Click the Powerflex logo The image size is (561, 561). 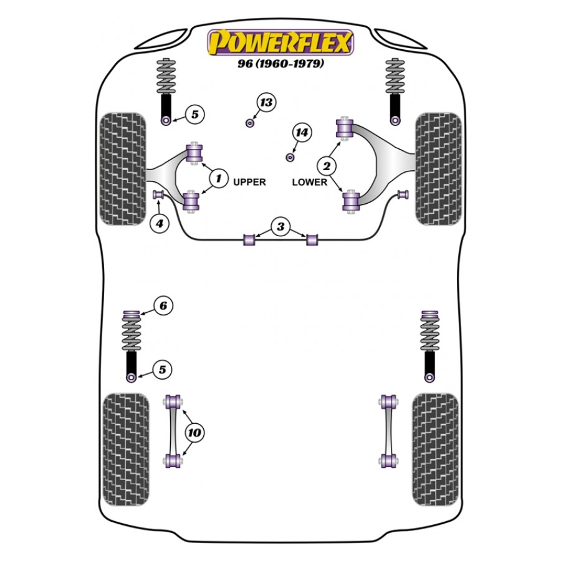point(280,42)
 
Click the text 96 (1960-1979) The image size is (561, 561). point(281,64)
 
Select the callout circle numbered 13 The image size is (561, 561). point(266,103)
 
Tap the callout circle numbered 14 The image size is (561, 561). point(302,133)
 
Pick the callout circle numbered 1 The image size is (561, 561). point(218,178)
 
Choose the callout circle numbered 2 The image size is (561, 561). point(326,166)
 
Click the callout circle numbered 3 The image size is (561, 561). point(280,226)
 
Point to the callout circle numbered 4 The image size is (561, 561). point(160,224)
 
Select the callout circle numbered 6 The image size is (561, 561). point(163,305)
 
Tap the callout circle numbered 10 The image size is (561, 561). point(194,433)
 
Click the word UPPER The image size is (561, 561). point(249,182)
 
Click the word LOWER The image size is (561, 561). point(309,182)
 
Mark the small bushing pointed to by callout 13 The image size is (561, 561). point(250,123)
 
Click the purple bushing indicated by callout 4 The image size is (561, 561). point(158,194)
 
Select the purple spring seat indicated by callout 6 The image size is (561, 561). point(131,315)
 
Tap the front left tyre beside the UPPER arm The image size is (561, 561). point(123,169)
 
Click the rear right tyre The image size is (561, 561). point(436,449)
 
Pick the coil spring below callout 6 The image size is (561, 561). point(132,335)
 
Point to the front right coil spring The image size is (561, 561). point(395,76)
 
